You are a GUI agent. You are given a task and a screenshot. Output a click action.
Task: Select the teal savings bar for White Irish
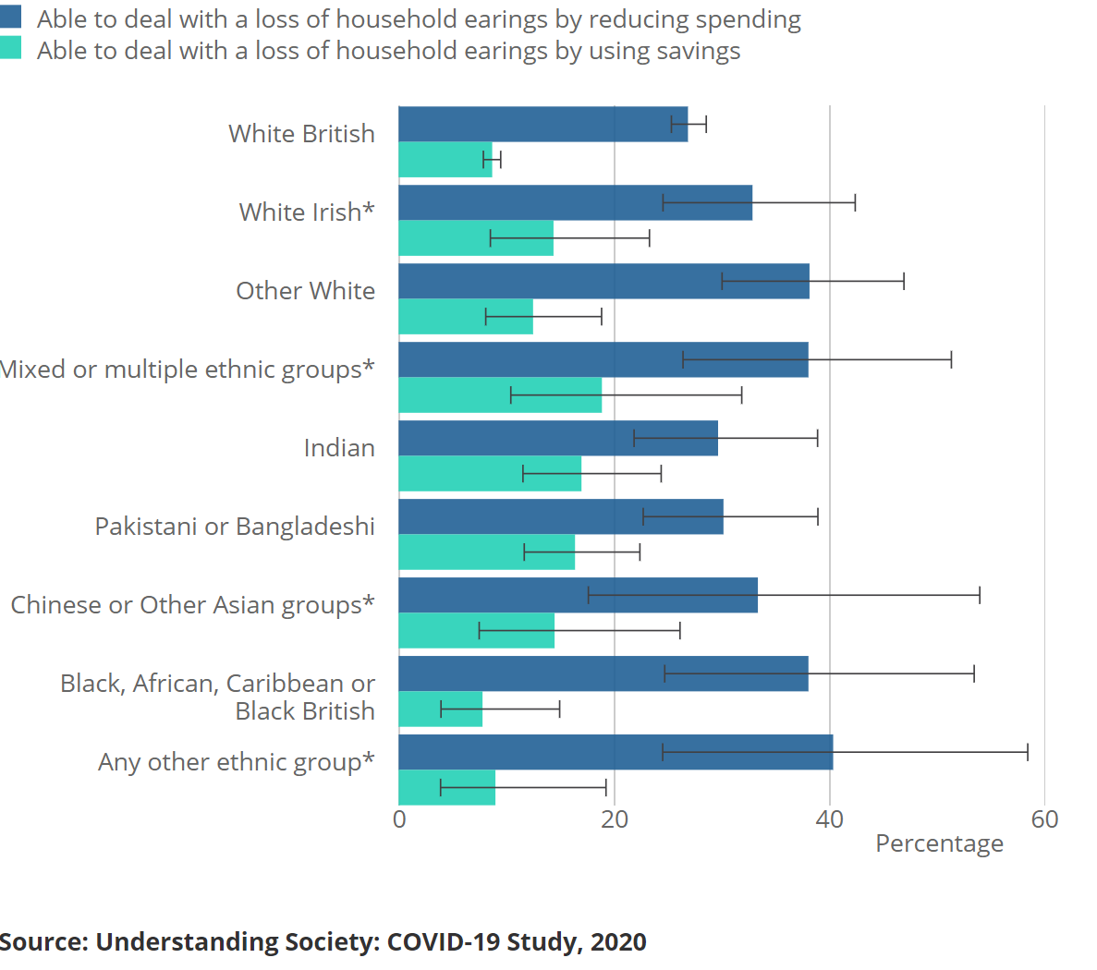476,237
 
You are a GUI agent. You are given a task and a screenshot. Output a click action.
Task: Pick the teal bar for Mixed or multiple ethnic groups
500,395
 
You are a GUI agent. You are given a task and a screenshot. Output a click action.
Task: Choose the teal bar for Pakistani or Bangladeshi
486,552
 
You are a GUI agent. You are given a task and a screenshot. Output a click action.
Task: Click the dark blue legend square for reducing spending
11,17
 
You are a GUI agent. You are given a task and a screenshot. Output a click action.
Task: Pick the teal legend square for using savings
11,48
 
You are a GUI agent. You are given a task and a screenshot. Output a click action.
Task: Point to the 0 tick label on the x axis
399,819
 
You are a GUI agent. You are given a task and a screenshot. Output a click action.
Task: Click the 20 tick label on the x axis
615,819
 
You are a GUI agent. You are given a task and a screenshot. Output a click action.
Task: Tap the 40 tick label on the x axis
830,819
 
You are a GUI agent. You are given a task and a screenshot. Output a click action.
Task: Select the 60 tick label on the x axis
1044,819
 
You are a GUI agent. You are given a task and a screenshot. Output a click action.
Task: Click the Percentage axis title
939,843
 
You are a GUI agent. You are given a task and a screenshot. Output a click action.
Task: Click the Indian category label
339,448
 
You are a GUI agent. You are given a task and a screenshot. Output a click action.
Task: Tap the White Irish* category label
307,212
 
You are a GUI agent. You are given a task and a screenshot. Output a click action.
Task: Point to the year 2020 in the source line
618,942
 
